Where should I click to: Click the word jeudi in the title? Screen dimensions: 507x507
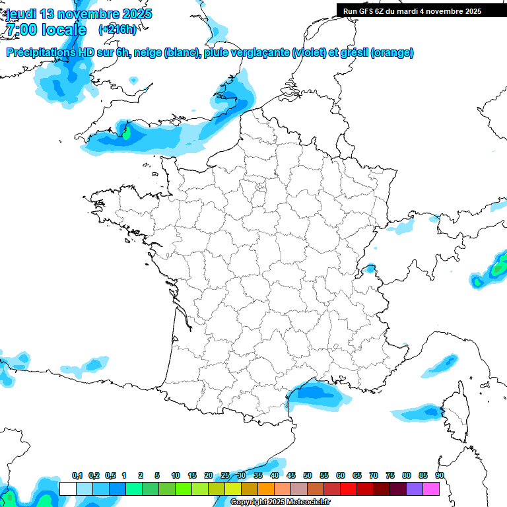(21, 14)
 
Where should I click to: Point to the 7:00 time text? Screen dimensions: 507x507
(20, 29)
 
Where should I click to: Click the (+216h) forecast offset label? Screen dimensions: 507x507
(117, 30)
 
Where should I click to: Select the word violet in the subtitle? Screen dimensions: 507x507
(308, 53)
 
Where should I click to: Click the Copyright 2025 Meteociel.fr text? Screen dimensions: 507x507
(281, 502)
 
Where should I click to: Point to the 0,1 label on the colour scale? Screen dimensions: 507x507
(77, 476)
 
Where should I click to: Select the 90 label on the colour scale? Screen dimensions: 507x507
(440, 476)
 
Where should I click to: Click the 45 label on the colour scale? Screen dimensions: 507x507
(291, 476)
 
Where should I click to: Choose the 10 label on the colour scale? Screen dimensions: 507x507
(176, 476)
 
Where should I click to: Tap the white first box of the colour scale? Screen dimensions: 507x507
(67, 489)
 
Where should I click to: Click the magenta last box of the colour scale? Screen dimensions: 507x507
(431, 489)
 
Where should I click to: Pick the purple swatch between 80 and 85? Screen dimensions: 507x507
(415, 489)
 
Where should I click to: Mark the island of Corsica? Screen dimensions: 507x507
(454, 413)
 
